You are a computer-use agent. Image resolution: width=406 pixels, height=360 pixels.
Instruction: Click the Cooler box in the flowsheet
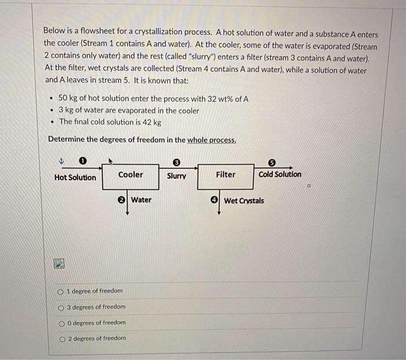click(x=130, y=176)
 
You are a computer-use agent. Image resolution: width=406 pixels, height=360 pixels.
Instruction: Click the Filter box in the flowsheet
click(x=226, y=176)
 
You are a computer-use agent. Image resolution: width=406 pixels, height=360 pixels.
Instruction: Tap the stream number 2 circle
click(x=122, y=200)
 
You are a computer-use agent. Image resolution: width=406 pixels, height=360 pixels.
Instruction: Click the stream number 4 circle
click(x=215, y=200)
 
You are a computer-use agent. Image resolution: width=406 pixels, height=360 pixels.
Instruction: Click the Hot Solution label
click(x=75, y=177)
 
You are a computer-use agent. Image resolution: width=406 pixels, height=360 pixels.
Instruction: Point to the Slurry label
click(x=176, y=176)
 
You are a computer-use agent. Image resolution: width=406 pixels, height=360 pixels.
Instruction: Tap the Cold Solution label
click(x=280, y=174)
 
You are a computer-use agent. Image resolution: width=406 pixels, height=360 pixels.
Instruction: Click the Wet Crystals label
click(x=244, y=201)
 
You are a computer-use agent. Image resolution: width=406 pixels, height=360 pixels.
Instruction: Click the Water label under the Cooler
click(x=141, y=200)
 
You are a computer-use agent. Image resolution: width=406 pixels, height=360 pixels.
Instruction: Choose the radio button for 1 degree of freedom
click(x=60, y=291)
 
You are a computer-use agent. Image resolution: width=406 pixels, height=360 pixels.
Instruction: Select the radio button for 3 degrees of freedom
click(x=60, y=307)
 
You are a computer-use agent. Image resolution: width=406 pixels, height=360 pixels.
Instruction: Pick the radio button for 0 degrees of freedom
click(x=60, y=323)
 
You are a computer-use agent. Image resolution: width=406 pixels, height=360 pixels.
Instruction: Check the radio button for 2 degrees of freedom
click(x=60, y=339)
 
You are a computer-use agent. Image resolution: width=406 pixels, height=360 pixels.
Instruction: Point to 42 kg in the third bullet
click(x=151, y=122)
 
